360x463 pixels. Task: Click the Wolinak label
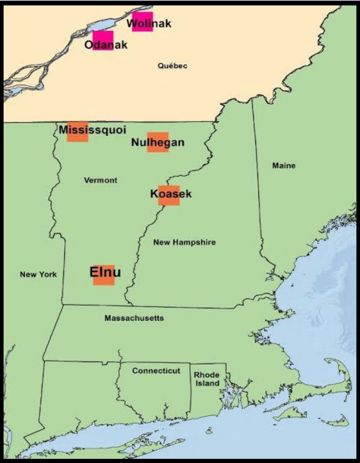tap(150, 24)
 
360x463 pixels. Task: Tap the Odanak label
tap(106, 45)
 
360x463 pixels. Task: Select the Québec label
tap(172, 66)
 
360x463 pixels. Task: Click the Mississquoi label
tap(92, 130)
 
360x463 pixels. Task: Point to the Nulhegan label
tap(157, 142)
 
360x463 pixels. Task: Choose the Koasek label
tap(171, 194)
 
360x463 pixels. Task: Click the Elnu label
tap(105, 272)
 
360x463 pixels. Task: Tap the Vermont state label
tap(100, 180)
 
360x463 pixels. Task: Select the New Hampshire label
tap(184, 242)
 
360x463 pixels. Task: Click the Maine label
tap(283, 166)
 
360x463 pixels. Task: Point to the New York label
tap(38, 275)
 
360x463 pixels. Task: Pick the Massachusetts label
tap(134, 318)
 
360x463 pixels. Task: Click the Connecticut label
tap(156, 371)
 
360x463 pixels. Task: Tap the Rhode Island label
tap(206, 379)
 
